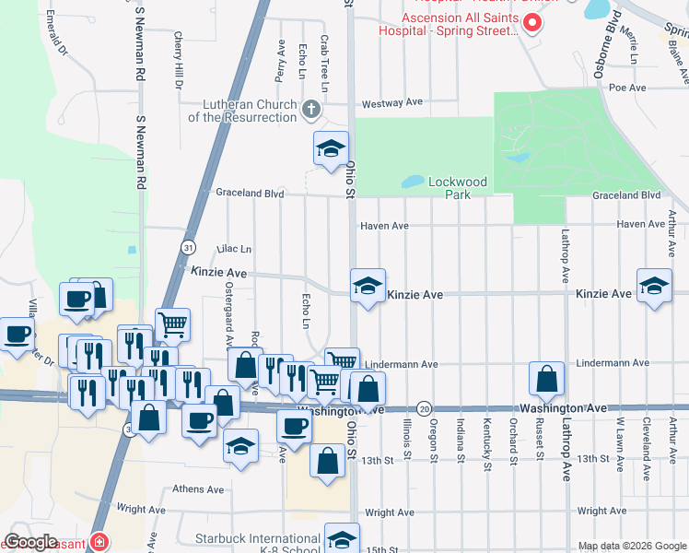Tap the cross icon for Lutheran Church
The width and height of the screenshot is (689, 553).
(x=311, y=111)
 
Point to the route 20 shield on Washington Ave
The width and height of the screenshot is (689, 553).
(x=424, y=407)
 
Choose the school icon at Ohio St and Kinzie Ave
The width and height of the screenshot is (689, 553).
(x=367, y=286)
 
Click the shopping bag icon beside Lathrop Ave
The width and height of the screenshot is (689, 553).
(x=547, y=378)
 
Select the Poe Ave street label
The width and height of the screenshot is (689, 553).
(x=630, y=88)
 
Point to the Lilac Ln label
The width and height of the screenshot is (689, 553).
(x=234, y=249)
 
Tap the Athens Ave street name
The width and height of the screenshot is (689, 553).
(x=197, y=489)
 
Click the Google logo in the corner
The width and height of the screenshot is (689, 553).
(x=31, y=542)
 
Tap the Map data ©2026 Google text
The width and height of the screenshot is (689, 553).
(x=632, y=546)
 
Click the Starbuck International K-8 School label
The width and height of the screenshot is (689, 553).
(x=257, y=544)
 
